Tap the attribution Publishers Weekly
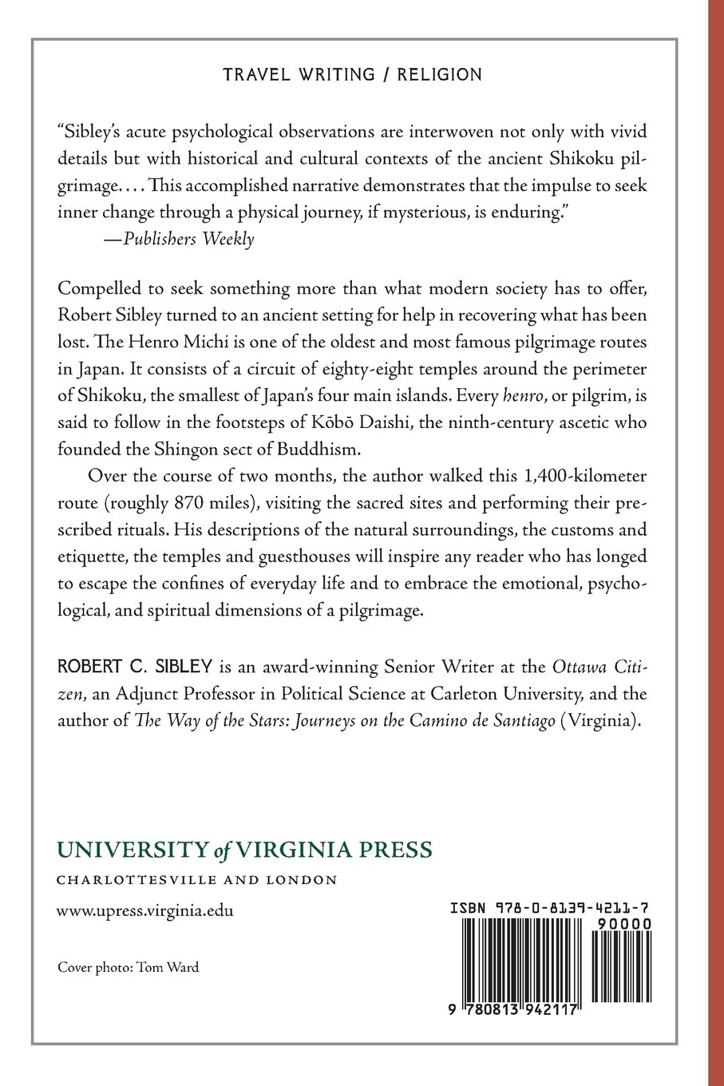click(x=184, y=239)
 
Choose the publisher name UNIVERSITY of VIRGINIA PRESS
click(x=244, y=850)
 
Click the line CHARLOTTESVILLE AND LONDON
click(x=196, y=880)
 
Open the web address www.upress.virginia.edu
click(x=145, y=910)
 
